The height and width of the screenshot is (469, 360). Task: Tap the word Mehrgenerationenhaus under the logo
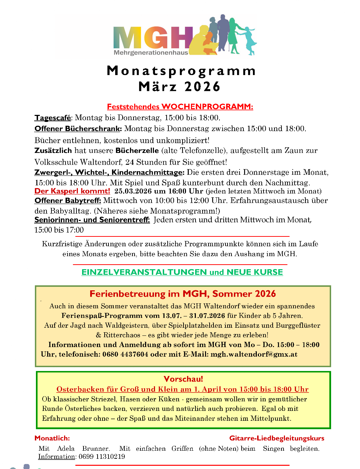(x=151, y=53)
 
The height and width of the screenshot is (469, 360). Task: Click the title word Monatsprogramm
(x=181, y=71)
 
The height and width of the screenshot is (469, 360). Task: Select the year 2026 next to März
(x=202, y=87)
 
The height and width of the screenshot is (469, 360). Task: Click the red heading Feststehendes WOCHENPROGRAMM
(x=180, y=106)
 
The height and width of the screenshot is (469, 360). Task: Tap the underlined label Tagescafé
(x=53, y=118)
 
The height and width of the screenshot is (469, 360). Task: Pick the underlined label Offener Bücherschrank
(x=78, y=129)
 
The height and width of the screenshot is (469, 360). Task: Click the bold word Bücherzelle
(x=137, y=150)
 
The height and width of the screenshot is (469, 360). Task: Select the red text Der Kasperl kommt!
(x=72, y=191)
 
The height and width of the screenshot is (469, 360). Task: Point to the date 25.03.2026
(x=133, y=191)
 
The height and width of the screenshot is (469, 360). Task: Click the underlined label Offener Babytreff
(x=68, y=200)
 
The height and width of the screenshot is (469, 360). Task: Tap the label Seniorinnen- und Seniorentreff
(x=92, y=220)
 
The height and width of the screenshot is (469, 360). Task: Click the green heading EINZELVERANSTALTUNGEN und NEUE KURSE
(x=182, y=272)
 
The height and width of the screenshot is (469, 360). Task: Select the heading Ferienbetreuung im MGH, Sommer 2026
(x=182, y=294)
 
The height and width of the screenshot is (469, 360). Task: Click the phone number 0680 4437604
(x=125, y=354)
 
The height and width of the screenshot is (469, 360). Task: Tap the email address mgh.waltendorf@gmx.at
(x=254, y=354)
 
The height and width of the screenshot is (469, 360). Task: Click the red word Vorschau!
(x=183, y=379)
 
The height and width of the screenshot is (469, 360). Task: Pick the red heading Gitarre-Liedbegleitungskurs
(x=277, y=438)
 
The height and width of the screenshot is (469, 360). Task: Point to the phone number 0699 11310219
(x=102, y=457)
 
